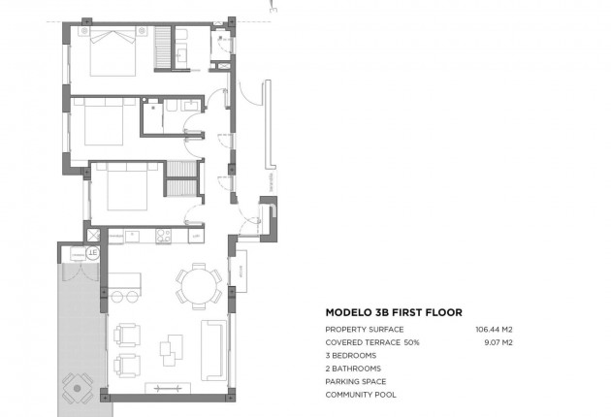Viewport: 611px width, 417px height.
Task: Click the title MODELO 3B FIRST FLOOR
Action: click(393, 312)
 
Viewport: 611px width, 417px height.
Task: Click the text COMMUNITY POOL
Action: click(361, 395)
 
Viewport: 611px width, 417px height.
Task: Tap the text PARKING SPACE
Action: click(356, 381)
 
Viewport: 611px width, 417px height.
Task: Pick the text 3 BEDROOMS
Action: click(351, 356)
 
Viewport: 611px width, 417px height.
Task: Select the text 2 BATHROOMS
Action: click(353, 369)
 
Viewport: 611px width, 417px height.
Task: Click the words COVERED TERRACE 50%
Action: click(372, 342)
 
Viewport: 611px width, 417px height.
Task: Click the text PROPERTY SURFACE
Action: click(365, 330)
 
